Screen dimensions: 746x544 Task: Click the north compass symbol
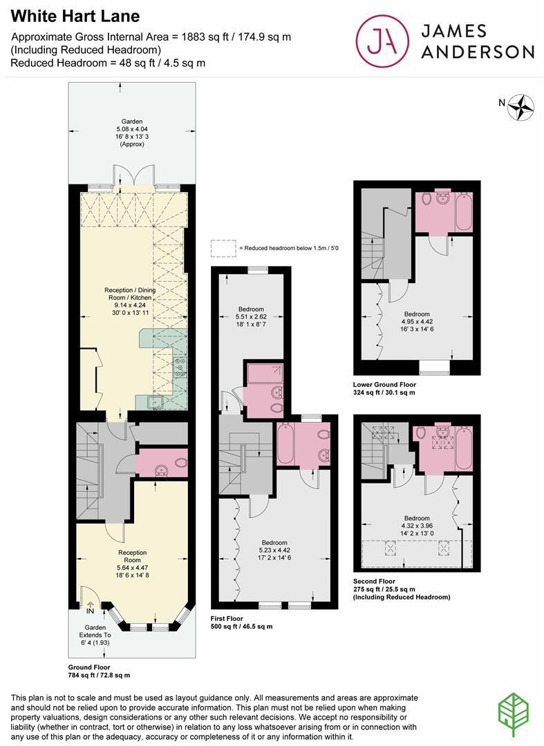(x=521, y=106)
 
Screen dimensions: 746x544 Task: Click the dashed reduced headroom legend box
(x=223, y=247)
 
